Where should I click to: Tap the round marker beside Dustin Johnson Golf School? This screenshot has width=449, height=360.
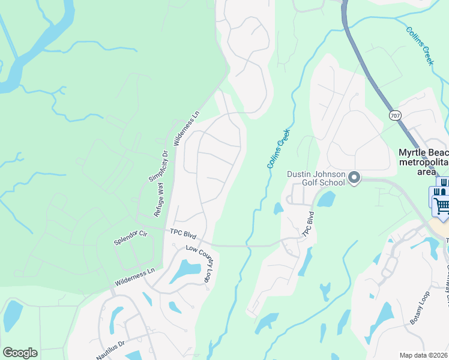(x=354, y=178)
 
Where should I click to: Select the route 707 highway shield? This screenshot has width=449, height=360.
(x=395, y=115)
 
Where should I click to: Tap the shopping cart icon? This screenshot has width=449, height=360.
(x=442, y=206)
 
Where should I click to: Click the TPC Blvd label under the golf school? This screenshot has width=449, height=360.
(x=309, y=224)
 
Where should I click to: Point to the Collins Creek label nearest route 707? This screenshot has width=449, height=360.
(x=420, y=46)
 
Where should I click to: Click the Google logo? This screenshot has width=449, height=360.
(x=20, y=353)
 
